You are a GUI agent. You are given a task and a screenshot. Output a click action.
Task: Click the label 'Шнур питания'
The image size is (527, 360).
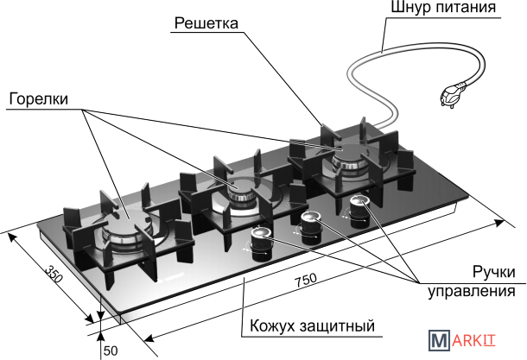(x=444, y=9)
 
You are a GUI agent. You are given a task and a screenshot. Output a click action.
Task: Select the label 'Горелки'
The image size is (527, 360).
(x=38, y=98)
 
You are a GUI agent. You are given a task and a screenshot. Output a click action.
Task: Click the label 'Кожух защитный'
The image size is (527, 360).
(x=312, y=326)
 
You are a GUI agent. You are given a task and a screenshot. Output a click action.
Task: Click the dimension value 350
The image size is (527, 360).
(x=54, y=276)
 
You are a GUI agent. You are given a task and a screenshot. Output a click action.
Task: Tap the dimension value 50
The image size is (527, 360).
(x=111, y=351)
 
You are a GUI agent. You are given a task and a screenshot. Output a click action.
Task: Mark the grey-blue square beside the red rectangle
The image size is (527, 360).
(x=439, y=339)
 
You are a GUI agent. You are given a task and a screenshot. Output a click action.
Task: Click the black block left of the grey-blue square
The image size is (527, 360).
(x=413, y=339)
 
